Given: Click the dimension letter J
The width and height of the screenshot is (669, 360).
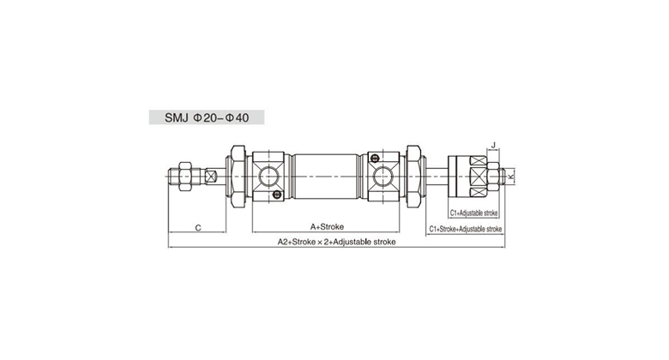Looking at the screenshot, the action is click(x=494, y=145).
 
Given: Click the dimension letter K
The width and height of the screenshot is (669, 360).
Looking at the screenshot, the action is click(x=511, y=176).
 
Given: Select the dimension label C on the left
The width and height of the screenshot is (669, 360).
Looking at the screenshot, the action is click(x=198, y=228).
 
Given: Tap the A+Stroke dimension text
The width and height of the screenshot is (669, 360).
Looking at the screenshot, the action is click(x=327, y=227).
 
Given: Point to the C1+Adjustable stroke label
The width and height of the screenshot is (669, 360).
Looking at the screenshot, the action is click(x=473, y=213).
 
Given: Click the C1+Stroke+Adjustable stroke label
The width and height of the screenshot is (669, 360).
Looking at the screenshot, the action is click(x=466, y=229).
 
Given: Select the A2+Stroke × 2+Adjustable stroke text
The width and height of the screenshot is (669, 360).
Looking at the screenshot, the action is click(x=336, y=242).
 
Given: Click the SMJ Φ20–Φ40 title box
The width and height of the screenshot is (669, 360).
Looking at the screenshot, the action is click(x=207, y=117).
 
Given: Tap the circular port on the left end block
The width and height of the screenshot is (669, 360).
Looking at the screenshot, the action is click(x=269, y=177).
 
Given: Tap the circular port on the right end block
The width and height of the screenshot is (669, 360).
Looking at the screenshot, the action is click(x=383, y=177).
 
